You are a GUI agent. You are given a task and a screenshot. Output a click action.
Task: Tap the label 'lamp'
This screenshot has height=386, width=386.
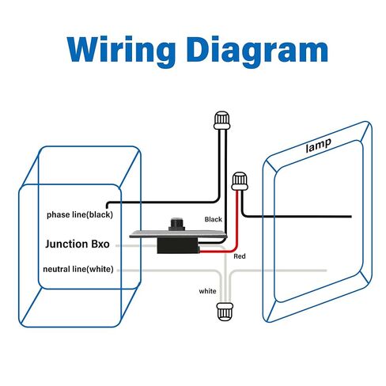point(318,145)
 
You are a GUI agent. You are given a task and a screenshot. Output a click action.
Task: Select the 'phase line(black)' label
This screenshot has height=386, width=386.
point(80,215)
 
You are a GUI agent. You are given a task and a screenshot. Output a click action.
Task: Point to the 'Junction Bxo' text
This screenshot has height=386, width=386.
point(78,244)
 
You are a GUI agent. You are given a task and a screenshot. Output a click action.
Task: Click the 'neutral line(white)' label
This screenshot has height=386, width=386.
point(78,269)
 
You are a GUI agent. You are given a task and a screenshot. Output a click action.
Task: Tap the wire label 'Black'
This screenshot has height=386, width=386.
point(214,219)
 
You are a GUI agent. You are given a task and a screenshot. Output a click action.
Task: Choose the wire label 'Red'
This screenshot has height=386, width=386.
point(240,256)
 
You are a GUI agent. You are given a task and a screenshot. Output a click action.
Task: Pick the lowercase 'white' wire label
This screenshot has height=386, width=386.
point(207,291)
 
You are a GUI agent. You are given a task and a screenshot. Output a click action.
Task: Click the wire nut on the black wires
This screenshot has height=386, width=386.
point(222,120)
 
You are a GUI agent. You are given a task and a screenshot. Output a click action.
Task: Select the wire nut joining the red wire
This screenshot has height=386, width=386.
point(240,181)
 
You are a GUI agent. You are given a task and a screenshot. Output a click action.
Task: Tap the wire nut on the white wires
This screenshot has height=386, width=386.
point(225,312)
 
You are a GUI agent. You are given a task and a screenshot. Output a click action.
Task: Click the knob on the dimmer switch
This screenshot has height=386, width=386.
point(176,224)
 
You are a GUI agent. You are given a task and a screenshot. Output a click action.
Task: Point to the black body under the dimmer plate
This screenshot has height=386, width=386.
point(178,245)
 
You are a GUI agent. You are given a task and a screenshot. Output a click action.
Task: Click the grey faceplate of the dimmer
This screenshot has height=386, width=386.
point(178,234)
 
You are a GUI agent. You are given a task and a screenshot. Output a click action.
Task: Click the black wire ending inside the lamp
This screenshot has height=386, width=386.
point(297,217)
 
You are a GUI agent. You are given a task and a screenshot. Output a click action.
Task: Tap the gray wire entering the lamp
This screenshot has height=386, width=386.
point(278,271)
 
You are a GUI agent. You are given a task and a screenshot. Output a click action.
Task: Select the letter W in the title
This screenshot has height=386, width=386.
point(85,50)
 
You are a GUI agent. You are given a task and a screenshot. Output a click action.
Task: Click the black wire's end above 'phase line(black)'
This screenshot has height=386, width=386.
point(108,207)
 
